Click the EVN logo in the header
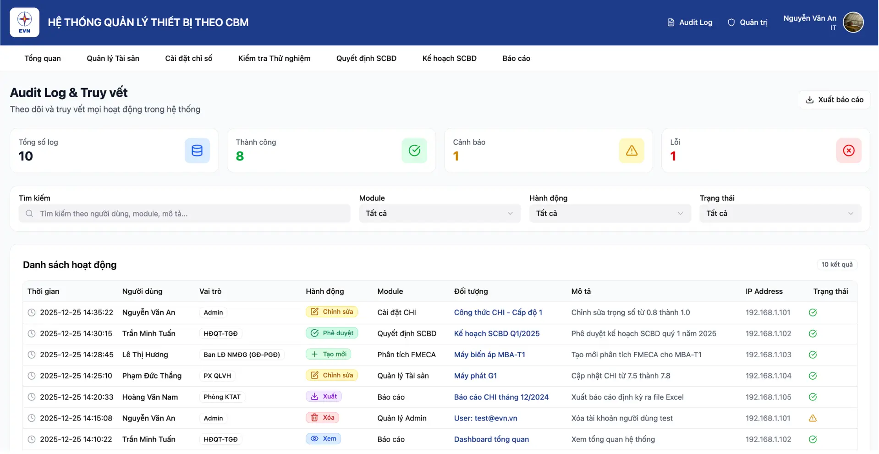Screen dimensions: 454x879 [x=24, y=22]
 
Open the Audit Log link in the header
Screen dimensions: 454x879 [x=690, y=22]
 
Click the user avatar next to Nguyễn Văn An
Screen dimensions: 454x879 [x=853, y=22]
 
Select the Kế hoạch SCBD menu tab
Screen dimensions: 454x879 [x=449, y=58]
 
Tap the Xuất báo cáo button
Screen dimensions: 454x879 [x=834, y=100]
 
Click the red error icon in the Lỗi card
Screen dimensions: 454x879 [x=848, y=150]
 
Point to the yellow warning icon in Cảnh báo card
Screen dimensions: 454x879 [x=631, y=150]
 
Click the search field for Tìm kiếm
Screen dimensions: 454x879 [x=184, y=214]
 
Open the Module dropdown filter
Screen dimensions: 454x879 [x=439, y=214]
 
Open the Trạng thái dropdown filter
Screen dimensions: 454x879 [x=780, y=214]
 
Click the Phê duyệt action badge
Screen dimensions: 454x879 [x=332, y=333]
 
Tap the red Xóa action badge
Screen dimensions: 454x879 [x=323, y=418]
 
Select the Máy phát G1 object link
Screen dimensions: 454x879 [x=475, y=376]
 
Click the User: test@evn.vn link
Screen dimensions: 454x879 [x=485, y=418]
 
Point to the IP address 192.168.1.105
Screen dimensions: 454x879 [x=768, y=397]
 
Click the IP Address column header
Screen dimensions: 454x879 [x=764, y=291]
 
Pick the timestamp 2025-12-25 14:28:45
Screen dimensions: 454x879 [x=77, y=354]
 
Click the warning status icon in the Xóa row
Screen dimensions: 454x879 [x=813, y=418]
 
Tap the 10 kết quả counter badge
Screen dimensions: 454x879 [x=836, y=265]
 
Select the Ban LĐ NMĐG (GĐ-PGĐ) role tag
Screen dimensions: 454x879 [x=242, y=354]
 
